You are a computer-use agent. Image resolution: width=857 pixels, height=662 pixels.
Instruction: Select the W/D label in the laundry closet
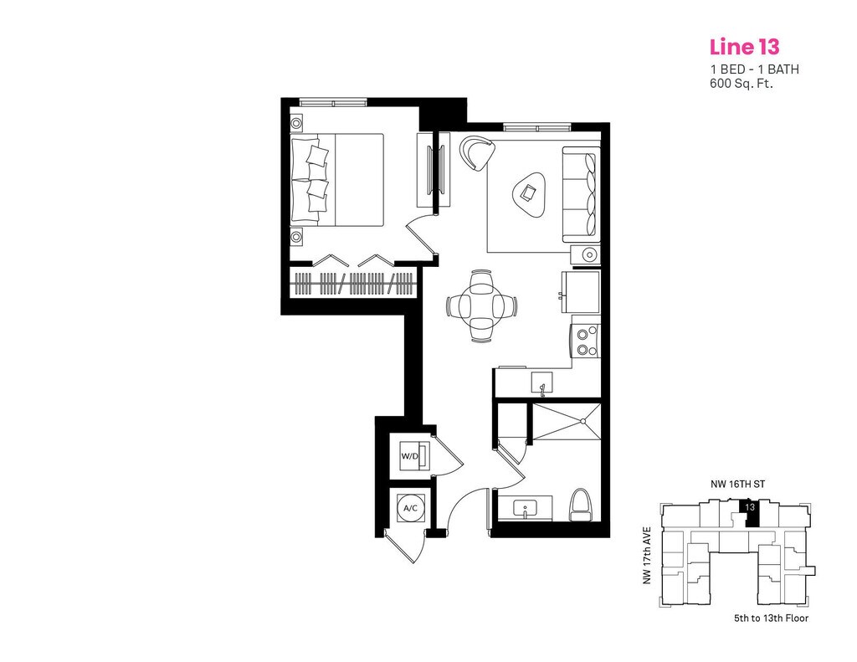pos(410,456)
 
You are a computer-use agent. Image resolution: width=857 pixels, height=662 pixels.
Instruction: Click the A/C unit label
pos(411,508)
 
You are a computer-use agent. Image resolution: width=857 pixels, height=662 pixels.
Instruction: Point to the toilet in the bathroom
pos(580,505)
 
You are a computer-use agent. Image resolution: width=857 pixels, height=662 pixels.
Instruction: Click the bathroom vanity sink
pos(526,508)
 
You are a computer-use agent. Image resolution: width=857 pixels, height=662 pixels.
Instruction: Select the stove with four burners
pos(586,341)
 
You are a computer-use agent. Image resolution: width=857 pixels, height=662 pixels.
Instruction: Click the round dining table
pos(481,305)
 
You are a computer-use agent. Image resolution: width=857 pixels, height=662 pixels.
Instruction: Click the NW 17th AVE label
pos(647,556)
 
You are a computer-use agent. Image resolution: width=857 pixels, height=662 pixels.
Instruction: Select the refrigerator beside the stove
pos(582,290)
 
